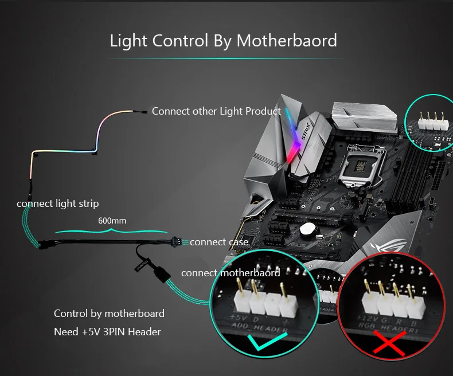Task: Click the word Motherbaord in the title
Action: click(287, 41)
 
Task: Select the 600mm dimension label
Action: click(112, 221)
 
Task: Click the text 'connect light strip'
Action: click(57, 203)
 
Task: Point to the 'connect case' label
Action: click(219, 242)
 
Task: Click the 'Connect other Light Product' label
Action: click(216, 111)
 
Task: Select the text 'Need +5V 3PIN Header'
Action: click(107, 332)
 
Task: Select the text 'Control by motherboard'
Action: click(109, 314)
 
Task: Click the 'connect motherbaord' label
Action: click(231, 273)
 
